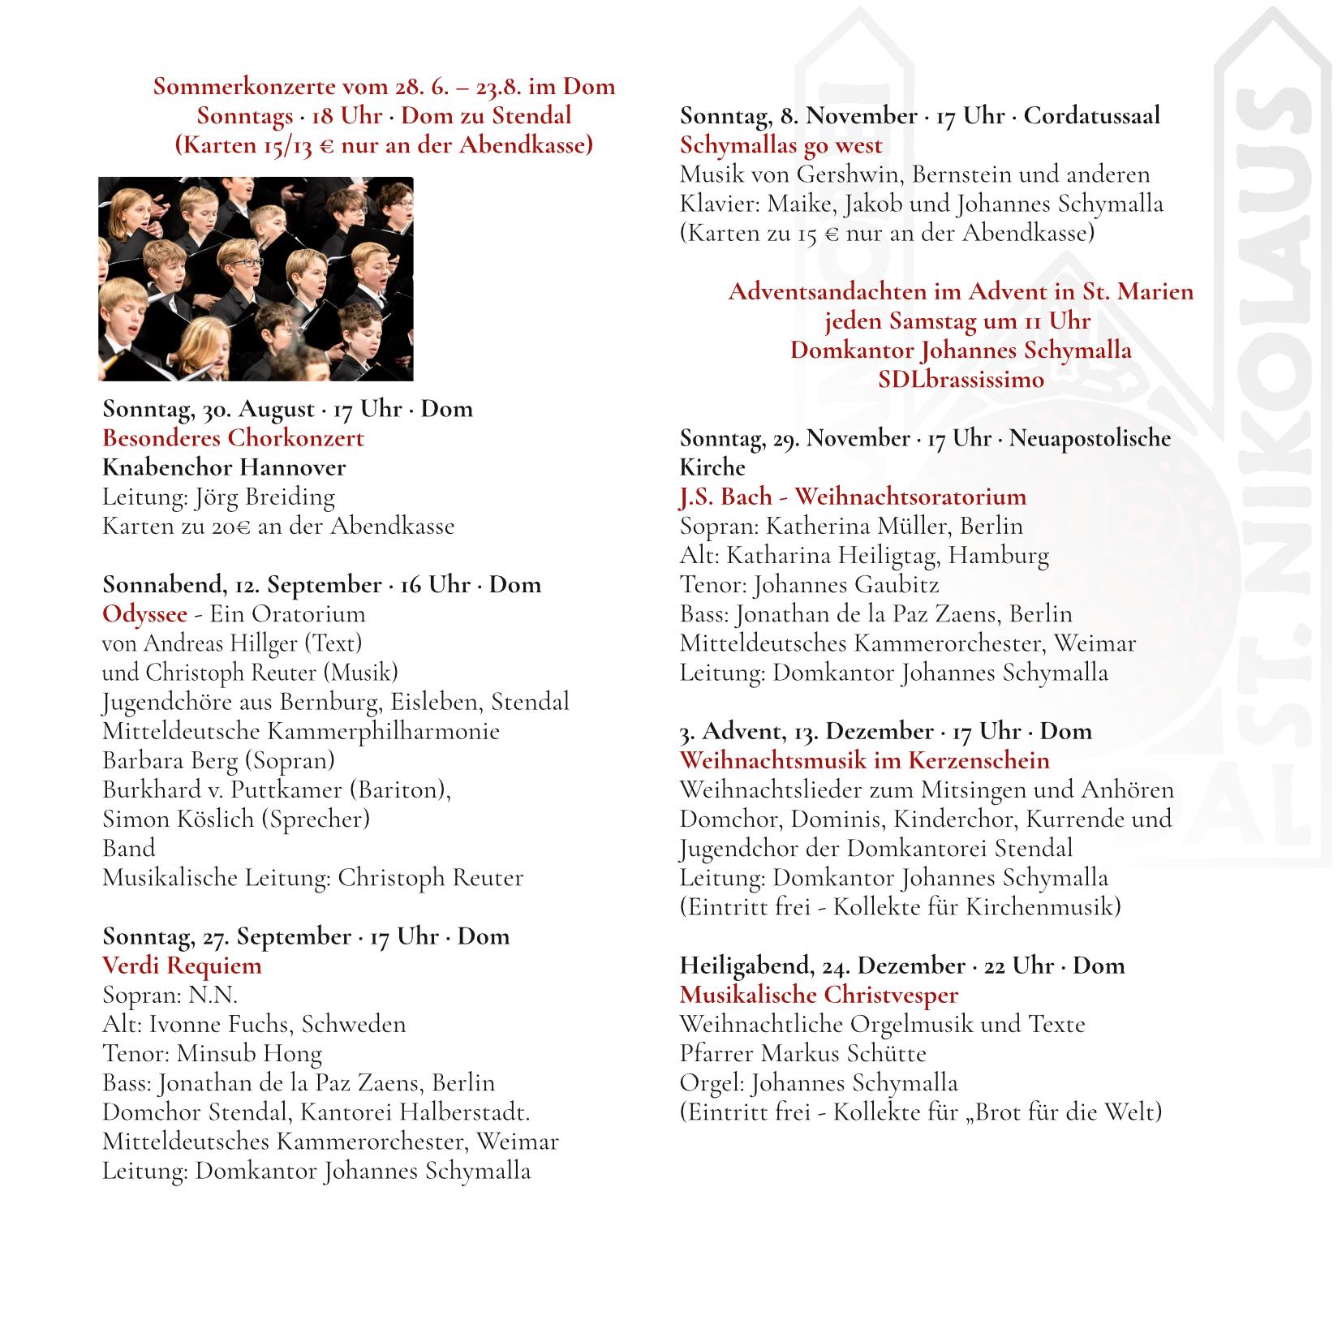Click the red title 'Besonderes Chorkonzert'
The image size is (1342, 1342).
pyautogui.click(x=233, y=438)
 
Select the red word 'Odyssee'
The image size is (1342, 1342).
pyautogui.click(x=144, y=614)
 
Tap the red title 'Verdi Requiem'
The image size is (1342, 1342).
pyautogui.click(x=182, y=966)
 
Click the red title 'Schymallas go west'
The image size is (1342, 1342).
pyautogui.click(x=781, y=145)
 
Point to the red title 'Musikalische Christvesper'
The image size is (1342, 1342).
pyautogui.click(x=819, y=995)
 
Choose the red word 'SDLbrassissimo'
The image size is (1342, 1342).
pyautogui.click(x=961, y=380)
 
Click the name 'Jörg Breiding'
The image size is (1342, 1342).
pyautogui.click(x=265, y=497)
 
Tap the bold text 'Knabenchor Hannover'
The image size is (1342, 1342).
pyautogui.click(x=224, y=467)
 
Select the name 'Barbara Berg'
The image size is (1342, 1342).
pyautogui.click(x=169, y=760)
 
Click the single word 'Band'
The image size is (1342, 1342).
pyautogui.click(x=128, y=849)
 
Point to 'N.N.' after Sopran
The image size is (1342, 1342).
pyautogui.click(x=213, y=995)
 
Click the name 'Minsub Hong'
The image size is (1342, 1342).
pyautogui.click(x=248, y=1053)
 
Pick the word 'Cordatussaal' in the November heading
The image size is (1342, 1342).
pyautogui.click(x=1091, y=116)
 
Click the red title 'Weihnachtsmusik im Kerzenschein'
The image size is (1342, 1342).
pyautogui.click(x=864, y=760)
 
